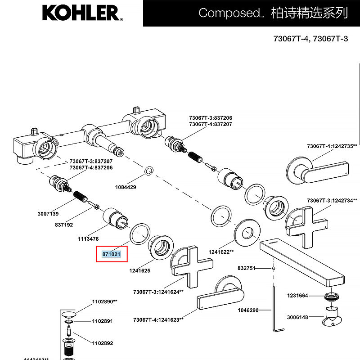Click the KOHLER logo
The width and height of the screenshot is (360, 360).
[81, 13]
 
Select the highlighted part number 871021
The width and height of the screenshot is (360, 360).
[111, 254]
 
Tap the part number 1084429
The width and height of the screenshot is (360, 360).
[126, 187]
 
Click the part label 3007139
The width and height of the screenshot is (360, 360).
[48, 214]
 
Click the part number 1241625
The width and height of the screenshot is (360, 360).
[139, 271]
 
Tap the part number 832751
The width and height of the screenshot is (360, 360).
[246, 268]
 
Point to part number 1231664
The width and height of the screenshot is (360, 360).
[298, 296]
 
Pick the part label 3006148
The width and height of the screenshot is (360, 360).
[298, 317]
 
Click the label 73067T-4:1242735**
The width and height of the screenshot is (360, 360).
[332, 146]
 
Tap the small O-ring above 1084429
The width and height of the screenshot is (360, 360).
[148, 171]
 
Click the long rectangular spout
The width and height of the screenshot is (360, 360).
[301, 261]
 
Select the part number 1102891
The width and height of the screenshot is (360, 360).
[102, 321]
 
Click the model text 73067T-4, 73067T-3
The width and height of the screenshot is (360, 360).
[310, 39]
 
